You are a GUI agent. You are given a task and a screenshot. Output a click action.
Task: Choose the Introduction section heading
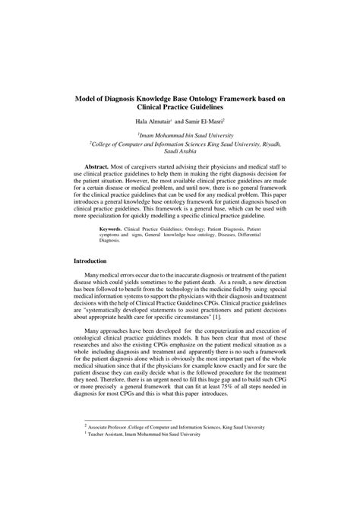tap(93, 260)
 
